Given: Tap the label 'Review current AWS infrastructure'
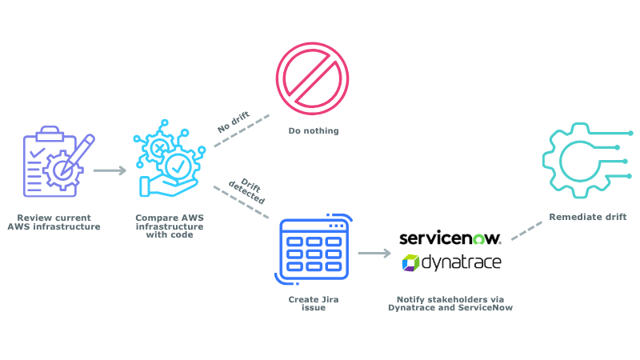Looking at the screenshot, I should pos(54,222).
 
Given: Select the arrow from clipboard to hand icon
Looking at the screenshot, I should pos(110,170).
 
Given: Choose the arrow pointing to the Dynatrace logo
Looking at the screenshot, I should pos(374,253).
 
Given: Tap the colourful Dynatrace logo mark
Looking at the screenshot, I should pos(410,262).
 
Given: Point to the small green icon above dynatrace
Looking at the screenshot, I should pos(478,238).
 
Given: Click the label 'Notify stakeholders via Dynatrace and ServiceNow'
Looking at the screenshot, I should pos(450,303).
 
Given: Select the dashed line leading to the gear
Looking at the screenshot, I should pos(526,230).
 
